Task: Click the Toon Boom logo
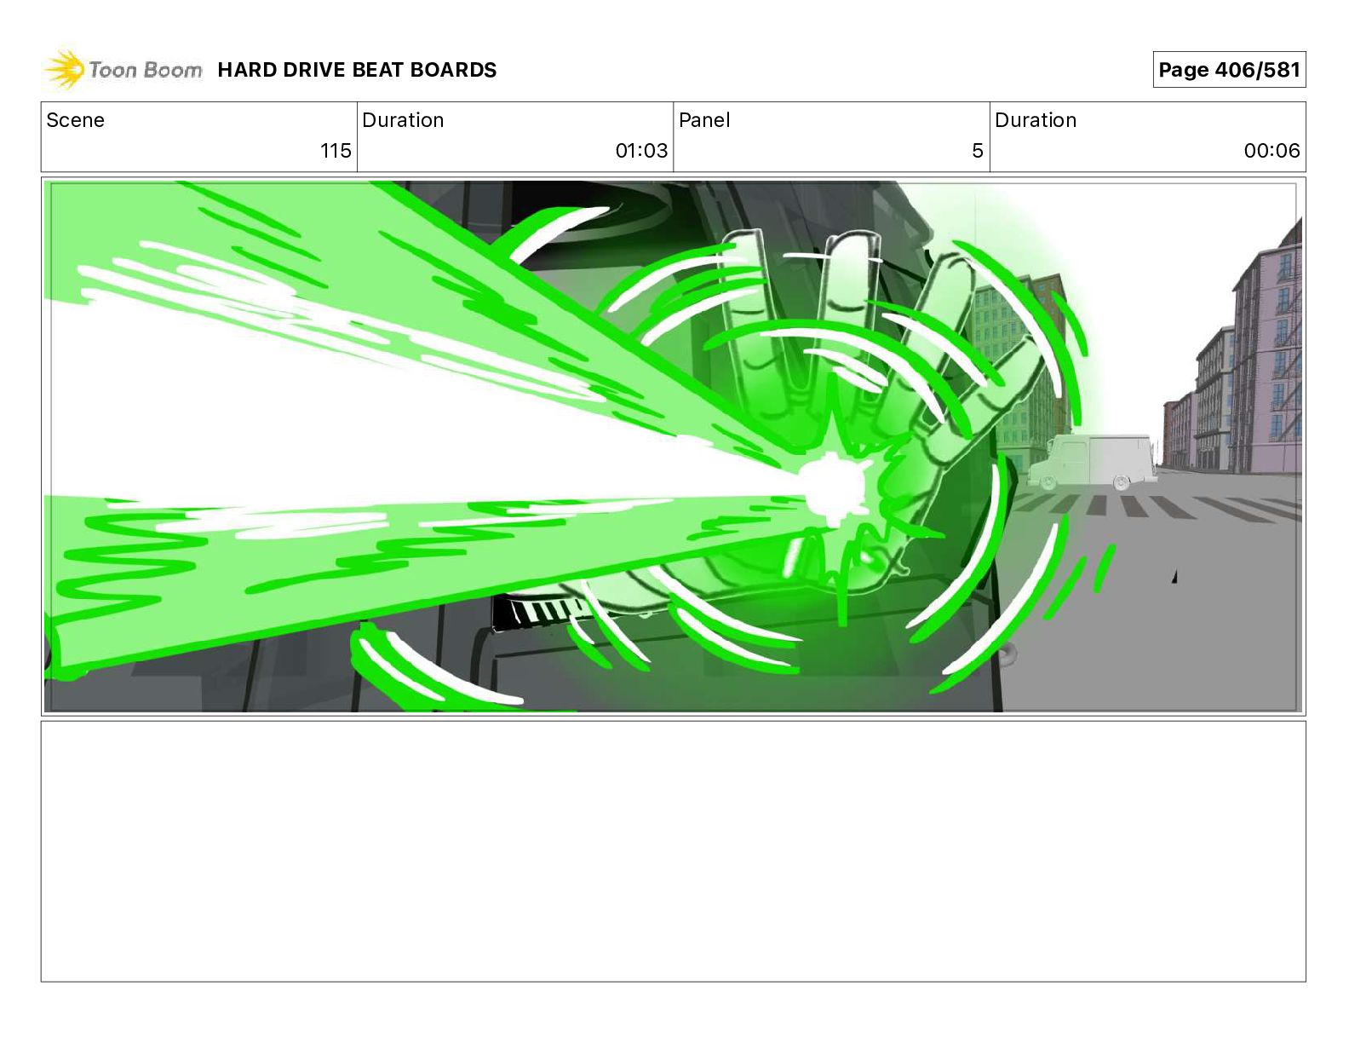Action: coord(123,70)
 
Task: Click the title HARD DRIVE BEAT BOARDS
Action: coord(357,70)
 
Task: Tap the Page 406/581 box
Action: coord(1229,70)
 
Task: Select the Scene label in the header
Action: coord(75,120)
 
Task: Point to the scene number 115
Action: coord(336,150)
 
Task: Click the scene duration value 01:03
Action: coord(641,150)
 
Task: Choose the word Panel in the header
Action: coord(704,120)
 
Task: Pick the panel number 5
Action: coord(978,150)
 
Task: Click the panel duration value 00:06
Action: coord(1272,150)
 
